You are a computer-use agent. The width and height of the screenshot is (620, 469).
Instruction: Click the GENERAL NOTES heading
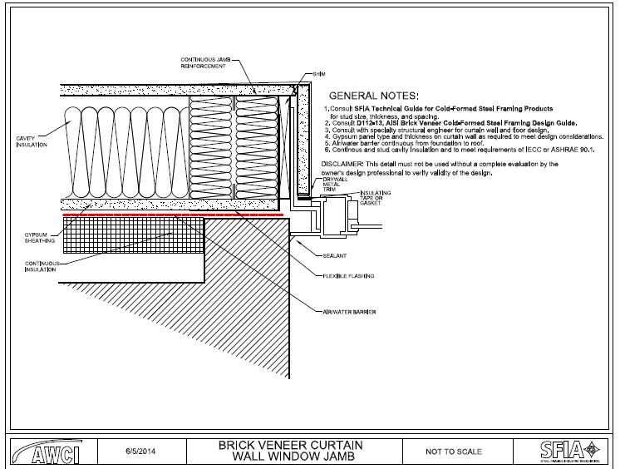click(374, 96)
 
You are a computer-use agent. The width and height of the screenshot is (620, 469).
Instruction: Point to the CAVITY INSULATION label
click(32, 141)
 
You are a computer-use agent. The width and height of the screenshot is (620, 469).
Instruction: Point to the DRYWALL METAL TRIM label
click(333, 184)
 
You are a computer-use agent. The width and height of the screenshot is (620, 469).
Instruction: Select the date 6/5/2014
click(142, 451)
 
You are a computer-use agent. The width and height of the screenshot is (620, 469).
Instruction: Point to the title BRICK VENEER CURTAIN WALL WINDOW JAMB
click(291, 451)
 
